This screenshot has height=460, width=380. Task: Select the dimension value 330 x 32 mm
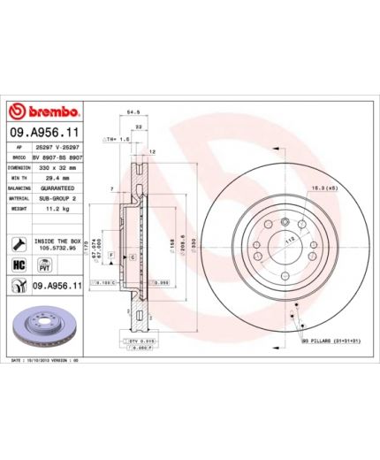(60, 166)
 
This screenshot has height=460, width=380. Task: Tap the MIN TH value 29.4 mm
(60, 177)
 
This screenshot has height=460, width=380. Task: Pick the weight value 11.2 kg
(60, 210)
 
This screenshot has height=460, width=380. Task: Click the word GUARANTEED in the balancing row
(60, 188)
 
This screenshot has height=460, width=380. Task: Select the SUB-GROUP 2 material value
(60, 199)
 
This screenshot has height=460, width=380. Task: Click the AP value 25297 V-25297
(60, 145)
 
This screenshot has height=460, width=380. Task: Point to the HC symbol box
(18, 264)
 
